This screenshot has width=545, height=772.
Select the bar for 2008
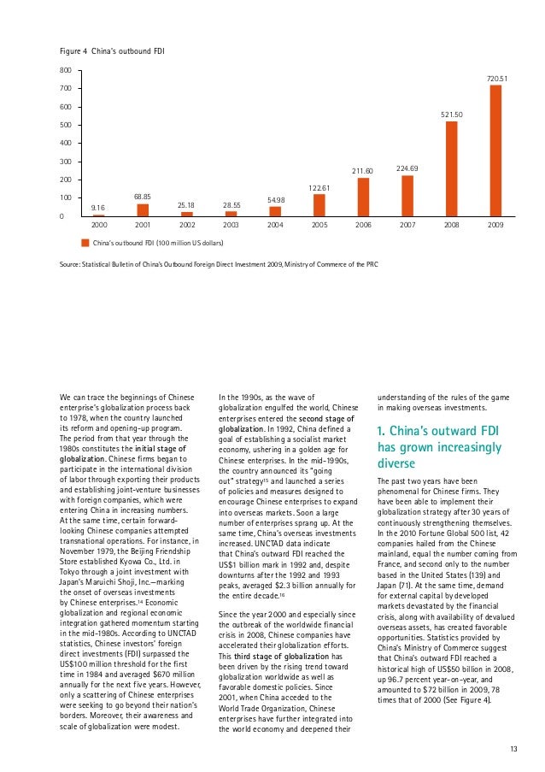point(451,168)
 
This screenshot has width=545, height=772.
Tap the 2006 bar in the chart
point(363,197)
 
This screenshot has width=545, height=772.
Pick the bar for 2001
point(143,209)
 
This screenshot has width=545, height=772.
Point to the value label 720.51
point(497,79)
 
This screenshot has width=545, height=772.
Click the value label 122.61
point(319,187)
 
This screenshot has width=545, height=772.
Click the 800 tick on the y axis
point(65,70)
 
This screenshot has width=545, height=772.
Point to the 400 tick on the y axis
point(65,143)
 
